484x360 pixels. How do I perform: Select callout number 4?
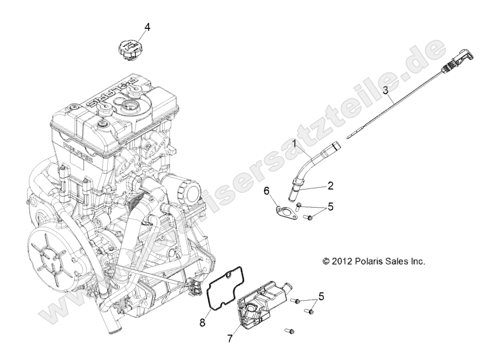coord(147,28)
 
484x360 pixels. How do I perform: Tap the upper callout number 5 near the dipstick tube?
coord(331,206)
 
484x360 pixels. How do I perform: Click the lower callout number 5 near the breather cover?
coord(321,297)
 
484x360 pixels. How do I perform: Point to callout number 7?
coord(230,338)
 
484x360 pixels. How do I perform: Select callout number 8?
coord(202,323)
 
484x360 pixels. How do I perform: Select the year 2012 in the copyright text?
coord(341,261)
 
